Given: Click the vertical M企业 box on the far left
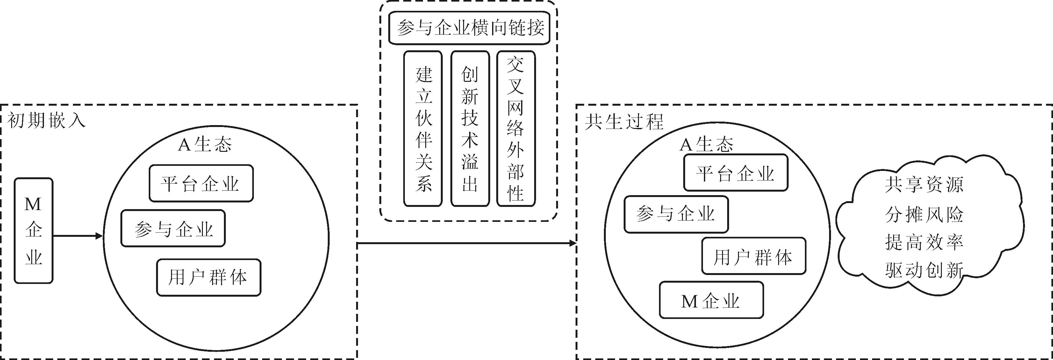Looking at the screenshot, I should [x=33, y=230].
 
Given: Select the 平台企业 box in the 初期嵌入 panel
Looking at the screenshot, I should [x=201, y=183].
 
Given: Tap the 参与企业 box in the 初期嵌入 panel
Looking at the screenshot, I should [x=173, y=229].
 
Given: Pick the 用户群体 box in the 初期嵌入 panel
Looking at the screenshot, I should [x=209, y=278].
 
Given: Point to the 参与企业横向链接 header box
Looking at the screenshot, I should [x=469, y=28].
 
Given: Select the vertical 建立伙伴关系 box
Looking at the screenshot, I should [x=423, y=129].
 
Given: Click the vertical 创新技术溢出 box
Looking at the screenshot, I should [x=470, y=129].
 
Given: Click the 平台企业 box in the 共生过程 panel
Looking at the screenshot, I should [x=735, y=173].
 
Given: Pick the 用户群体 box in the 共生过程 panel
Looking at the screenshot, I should [x=753, y=256].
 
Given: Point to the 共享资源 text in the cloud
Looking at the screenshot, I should [x=924, y=185].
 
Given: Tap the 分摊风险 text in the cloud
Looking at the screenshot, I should [x=924, y=214].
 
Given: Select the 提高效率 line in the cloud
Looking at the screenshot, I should [x=924, y=242].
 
